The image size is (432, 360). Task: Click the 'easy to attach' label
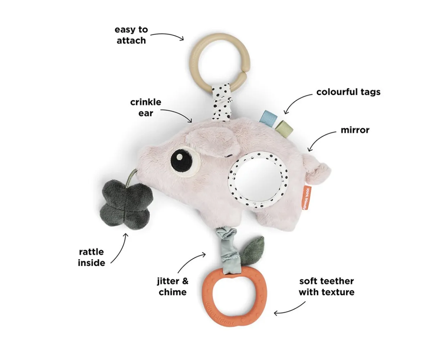click(x=131, y=35)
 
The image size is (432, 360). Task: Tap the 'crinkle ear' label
click(x=145, y=108)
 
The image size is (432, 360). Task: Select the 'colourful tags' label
click(x=348, y=92)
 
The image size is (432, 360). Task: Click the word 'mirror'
click(x=355, y=130)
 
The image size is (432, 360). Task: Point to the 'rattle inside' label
click(x=91, y=257)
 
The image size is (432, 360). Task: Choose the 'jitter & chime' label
click(x=173, y=286)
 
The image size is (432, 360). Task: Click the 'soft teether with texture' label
click(x=326, y=286)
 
